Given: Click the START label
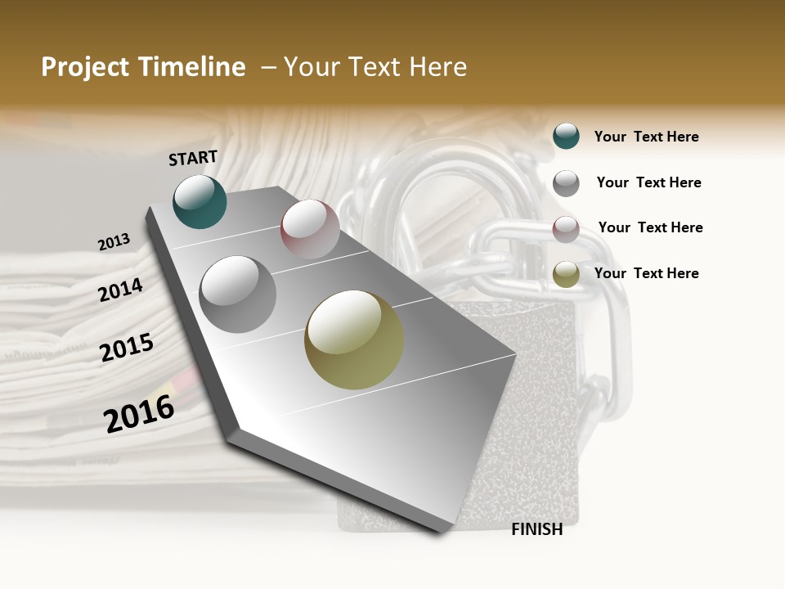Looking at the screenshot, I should tap(193, 158).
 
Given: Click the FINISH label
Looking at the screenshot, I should tap(536, 529).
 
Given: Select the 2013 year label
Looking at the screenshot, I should tap(114, 242).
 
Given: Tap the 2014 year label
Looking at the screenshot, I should tap(120, 290).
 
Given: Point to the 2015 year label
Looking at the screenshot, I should tap(127, 348).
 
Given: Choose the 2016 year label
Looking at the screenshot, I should tap(139, 413).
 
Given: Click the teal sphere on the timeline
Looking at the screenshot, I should tap(200, 202).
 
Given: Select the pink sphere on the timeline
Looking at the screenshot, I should tap(310, 229).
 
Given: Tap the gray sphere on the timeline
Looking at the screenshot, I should tap(237, 294).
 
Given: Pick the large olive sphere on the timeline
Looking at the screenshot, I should tap(354, 339).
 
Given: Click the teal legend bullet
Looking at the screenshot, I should tap(566, 136).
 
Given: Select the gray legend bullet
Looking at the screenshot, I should tap(566, 183).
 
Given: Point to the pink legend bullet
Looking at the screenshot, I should tap(566, 229).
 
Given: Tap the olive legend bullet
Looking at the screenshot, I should tap(566, 275).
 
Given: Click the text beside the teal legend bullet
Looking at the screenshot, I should tap(646, 137).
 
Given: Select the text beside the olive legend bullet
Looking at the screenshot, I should tap(646, 273).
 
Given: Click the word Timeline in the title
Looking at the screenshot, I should tap(191, 67).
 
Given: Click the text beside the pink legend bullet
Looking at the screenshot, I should tap(650, 227).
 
